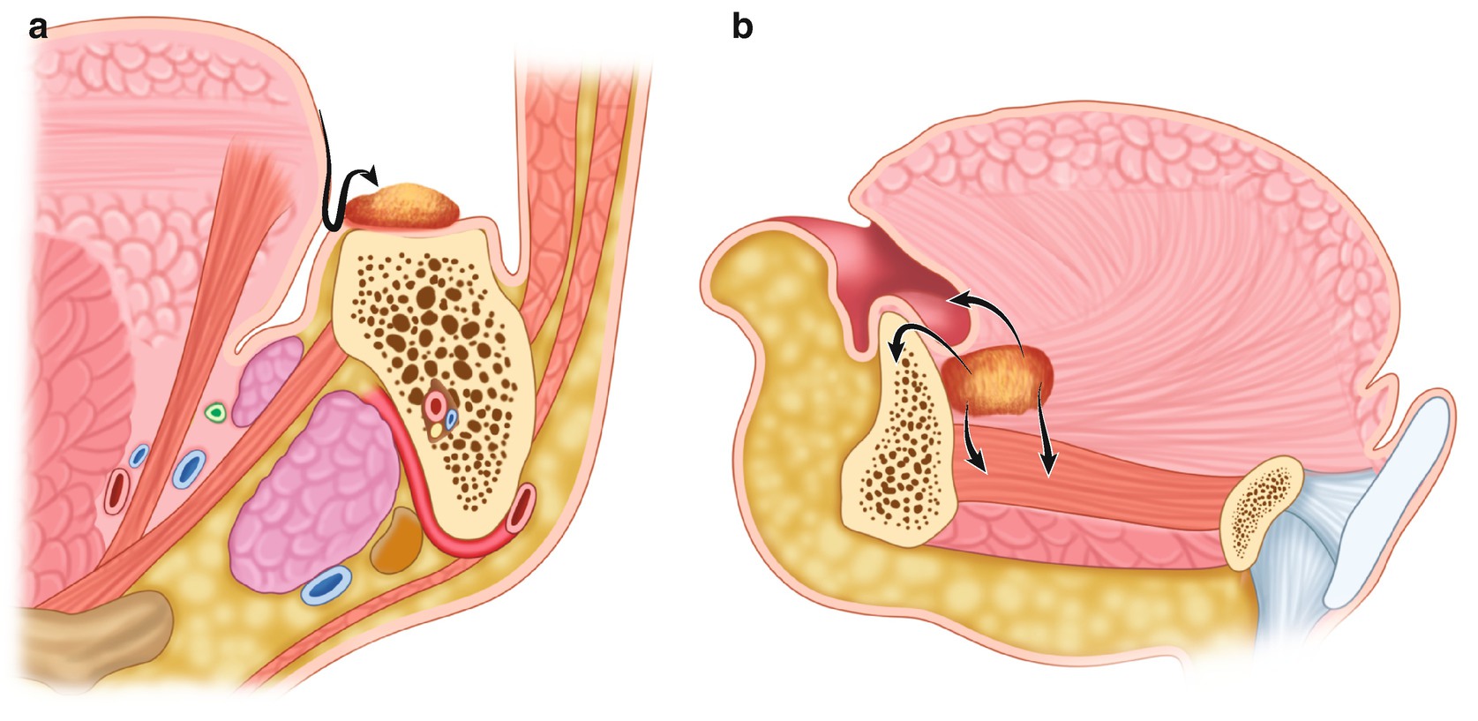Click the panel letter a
coord(37,28)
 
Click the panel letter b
coord(742,28)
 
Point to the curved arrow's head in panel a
coord(374,173)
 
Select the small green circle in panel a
coord(214,411)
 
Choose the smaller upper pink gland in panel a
coord(269,379)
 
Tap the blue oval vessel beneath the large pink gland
coord(326,584)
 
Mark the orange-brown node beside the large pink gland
coord(397,541)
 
